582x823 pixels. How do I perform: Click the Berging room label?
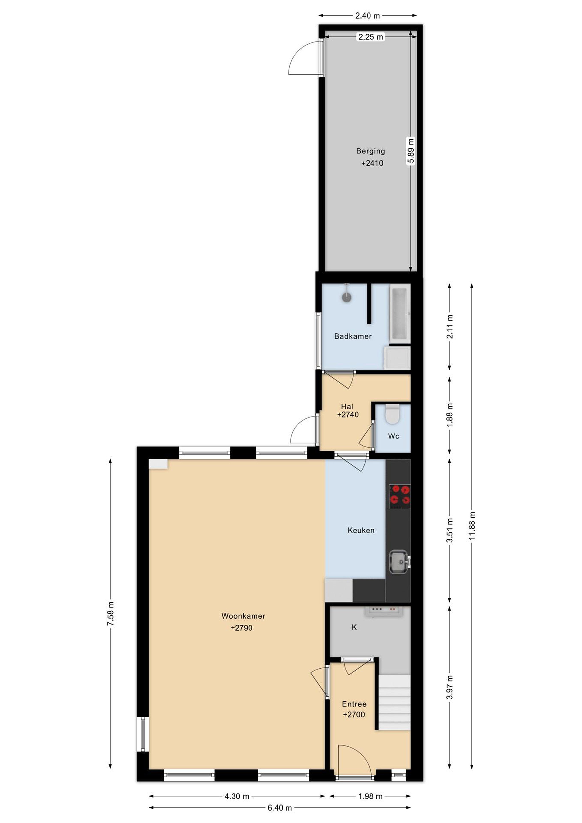(371, 151)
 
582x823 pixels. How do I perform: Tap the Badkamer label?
(353, 336)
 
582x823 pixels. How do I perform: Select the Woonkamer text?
(243, 616)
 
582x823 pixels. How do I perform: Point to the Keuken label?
(361, 530)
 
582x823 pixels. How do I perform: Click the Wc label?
(393, 436)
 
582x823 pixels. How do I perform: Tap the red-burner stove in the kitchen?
(400, 496)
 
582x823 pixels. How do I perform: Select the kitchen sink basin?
(399, 562)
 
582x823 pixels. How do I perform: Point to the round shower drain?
(347, 297)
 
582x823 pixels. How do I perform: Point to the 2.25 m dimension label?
(371, 37)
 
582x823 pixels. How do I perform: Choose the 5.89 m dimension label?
(411, 151)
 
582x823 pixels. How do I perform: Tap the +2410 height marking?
(372, 163)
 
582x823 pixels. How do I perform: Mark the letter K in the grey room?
(355, 627)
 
